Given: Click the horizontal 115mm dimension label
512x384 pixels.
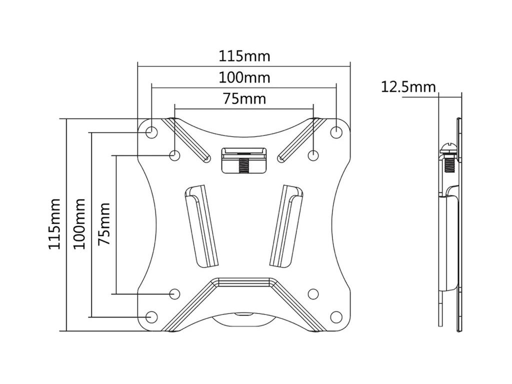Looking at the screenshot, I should pos(244,56).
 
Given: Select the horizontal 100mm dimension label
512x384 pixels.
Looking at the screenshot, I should pos(244,77).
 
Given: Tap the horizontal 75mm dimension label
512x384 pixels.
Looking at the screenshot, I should pos(244,98).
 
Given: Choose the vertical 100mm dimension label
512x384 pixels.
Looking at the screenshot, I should pos(79,223).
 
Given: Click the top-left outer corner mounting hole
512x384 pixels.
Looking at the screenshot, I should pos(151,131).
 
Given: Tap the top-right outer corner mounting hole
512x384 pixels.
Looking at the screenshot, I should pos(336,131).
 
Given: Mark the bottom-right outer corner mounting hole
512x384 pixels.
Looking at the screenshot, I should pos(335,316).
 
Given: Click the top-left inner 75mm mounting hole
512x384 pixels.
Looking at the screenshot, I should pos(174,155).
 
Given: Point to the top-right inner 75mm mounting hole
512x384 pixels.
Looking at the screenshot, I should pos(313,155).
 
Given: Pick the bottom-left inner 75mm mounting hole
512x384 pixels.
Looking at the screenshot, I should pos(175,293).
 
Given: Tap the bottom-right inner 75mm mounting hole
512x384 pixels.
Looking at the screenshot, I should pos(313,293).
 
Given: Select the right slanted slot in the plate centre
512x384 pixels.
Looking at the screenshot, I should pos(286,225).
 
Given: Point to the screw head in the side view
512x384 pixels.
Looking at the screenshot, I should pos(447,148).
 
